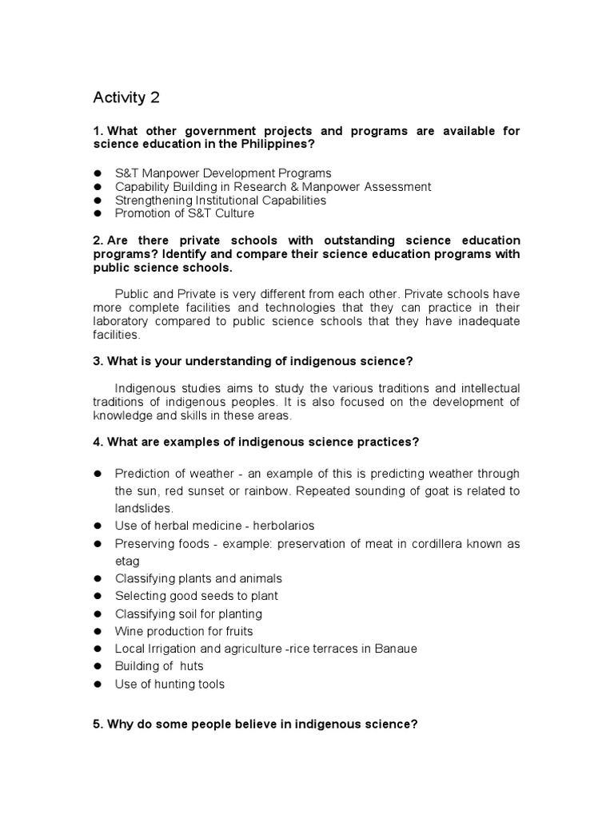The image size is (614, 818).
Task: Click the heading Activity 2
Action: (126, 98)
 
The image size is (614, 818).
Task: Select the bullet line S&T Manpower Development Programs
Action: (222, 173)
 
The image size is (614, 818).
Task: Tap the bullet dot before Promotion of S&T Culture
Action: (98, 213)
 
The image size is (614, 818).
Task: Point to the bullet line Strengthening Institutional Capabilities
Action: (220, 200)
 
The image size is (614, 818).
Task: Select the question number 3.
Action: (98, 361)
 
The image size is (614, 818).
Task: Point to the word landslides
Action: (144, 508)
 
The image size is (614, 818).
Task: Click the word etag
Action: (127, 561)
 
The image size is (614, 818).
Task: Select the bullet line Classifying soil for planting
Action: (188, 613)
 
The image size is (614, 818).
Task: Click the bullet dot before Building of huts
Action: (98, 666)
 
